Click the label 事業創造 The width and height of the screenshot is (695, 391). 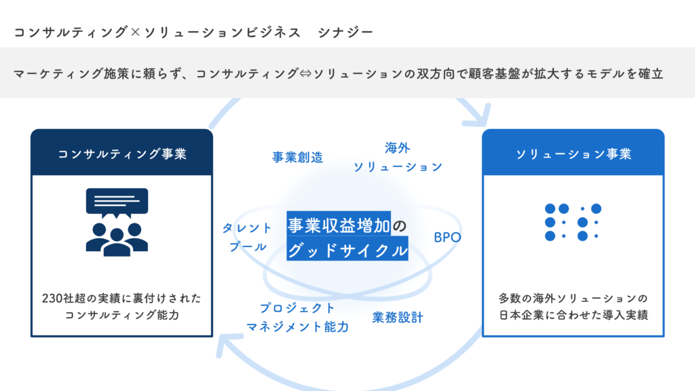click(297, 157)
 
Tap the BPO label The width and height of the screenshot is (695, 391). click(447, 238)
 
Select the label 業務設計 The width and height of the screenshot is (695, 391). click(397, 317)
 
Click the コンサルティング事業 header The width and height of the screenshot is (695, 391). click(121, 154)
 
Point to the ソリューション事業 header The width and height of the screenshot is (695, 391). click(574, 154)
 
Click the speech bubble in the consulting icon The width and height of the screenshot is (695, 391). click(117, 201)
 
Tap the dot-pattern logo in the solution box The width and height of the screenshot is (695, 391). click(574, 222)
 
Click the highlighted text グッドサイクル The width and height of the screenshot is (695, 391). click(347, 250)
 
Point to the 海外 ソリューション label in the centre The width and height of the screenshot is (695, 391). click(398, 157)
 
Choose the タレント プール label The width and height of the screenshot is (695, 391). click(247, 238)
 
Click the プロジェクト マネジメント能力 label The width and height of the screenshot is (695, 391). click(297, 318)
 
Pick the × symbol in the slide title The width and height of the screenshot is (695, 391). click(134, 32)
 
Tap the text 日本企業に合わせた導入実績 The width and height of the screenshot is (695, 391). click(574, 314)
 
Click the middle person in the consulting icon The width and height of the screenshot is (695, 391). click(117, 242)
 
